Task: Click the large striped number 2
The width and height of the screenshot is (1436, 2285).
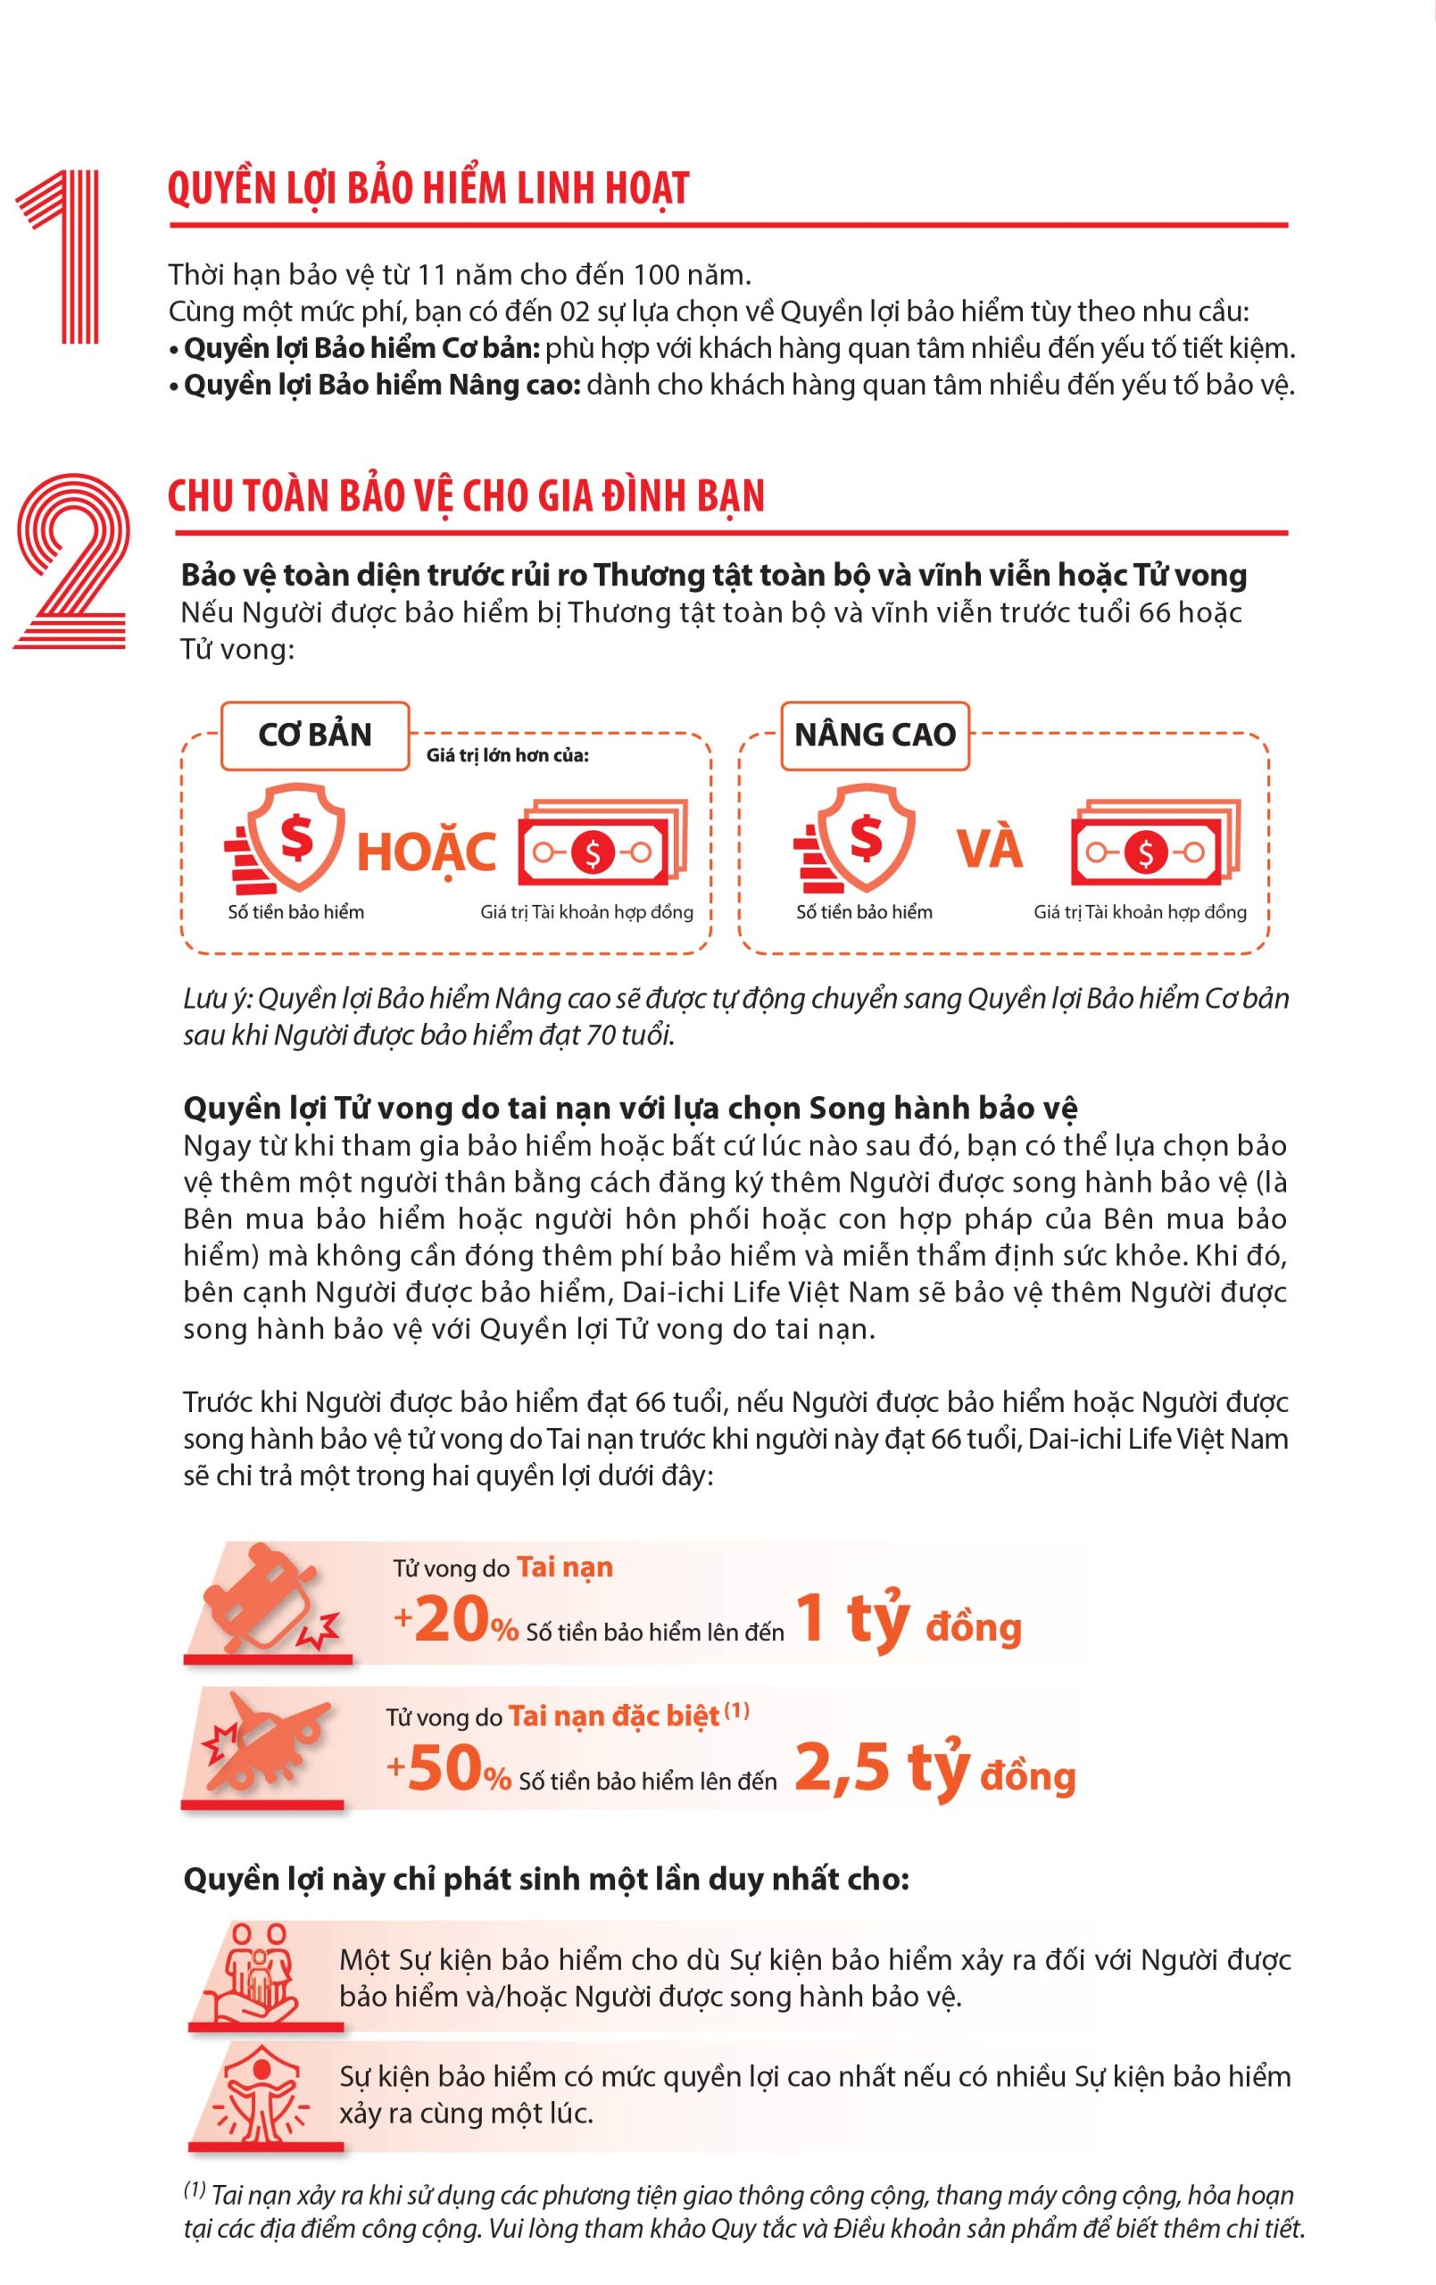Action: [71, 561]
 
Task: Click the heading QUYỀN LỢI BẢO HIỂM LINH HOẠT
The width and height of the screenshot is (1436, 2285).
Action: [428, 187]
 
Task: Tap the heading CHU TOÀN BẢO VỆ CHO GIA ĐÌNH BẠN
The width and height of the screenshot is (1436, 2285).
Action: [466, 495]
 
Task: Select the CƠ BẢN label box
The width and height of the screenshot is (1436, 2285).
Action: [315, 735]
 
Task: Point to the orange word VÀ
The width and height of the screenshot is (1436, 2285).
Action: [990, 847]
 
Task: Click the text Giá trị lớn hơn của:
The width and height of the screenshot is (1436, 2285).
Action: [508, 755]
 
